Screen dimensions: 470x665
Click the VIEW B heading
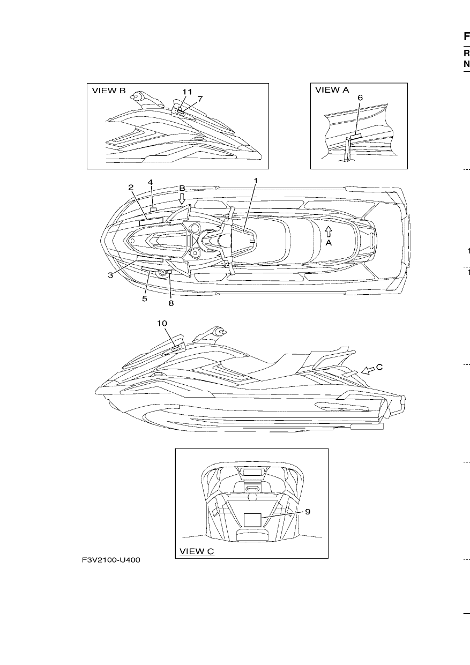pos(109,91)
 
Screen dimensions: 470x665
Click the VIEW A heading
pos(332,89)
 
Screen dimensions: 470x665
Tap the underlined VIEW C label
pos(197,551)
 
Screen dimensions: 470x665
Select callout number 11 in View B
pos(187,92)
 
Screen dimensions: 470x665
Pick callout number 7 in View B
pos(200,99)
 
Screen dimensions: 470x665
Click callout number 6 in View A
pos(360,98)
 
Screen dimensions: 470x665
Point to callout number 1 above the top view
pos(255,181)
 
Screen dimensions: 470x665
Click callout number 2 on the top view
pos(131,188)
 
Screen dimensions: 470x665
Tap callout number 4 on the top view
pos(151,182)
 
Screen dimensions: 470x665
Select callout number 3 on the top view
pos(110,275)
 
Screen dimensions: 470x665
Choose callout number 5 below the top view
pos(145,298)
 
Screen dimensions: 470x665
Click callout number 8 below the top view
pos(171,303)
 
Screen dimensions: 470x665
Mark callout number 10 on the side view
pos(162,323)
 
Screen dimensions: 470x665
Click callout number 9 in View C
pos(308,512)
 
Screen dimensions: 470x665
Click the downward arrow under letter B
pos(182,198)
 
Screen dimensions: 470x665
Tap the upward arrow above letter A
pos(328,232)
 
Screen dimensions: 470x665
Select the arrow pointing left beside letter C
pos(368,370)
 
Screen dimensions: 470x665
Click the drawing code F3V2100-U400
pos(111,560)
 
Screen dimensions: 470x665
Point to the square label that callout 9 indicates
pos(252,520)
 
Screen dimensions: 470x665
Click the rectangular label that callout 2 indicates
pos(151,221)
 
